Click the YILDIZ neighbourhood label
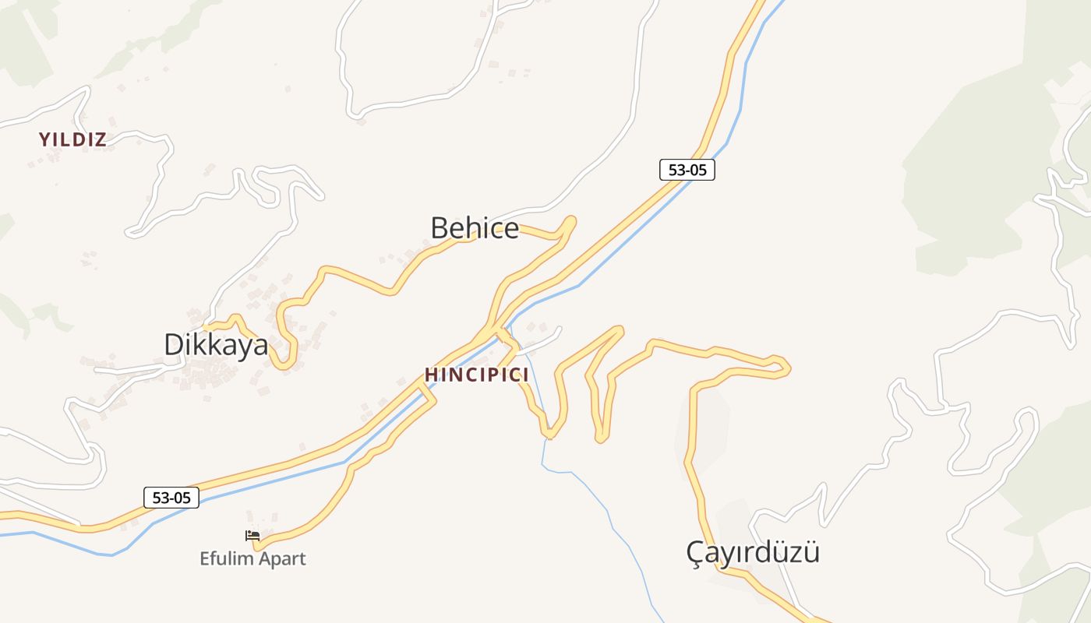pyautogui.click(x=72, y=140)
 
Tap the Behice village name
pyautogui.click(x=475, y=228)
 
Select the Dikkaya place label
pyautogui.click(x=216, y=345)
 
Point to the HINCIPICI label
pyautogui.click(x=476, y=375)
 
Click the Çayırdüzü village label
pyautogui.click(x=753, y=553)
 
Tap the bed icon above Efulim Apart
pyautogui.click(x=252, y=536)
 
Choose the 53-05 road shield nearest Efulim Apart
pyautogui.click(x=171, y=498)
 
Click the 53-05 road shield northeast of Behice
pyautogui.click(x=687, y=170)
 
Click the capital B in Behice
pyautogui.click(x=440, y=228)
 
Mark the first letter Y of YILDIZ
pyautogui.click(x=44, y=140)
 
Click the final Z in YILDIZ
pyautogui.click(x=101, y=140)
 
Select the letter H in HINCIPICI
pyautogui.click(x=429, y=375)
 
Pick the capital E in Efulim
pyautogui.click(x=205, y=559)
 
